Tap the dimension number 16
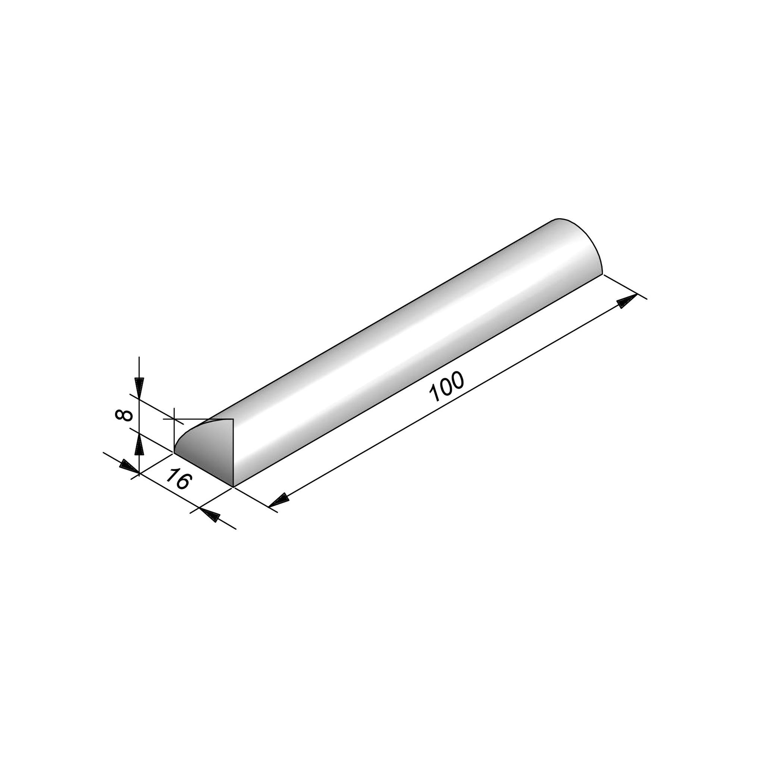tap(179, 478)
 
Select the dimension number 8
tap(123, 415)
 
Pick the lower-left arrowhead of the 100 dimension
tap(279, 500)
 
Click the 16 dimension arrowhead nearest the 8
tap(129, 466)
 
